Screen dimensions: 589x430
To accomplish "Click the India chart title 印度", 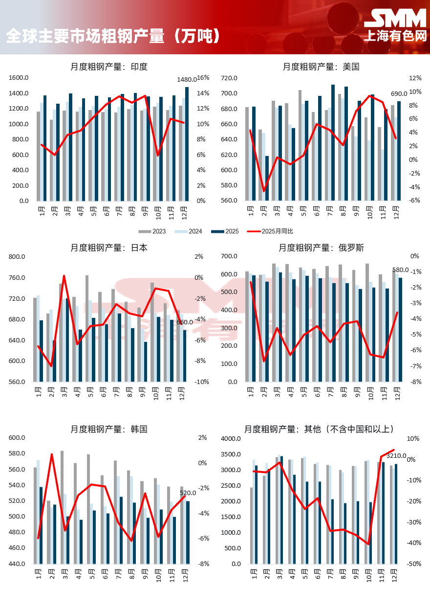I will click(139, 67).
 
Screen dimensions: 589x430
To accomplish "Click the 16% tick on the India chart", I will click(203, 78).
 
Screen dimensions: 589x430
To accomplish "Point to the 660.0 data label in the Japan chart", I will click(185, 322).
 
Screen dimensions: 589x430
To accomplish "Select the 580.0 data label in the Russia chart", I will click(401, 270).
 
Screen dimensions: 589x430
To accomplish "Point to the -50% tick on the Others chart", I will click(415, 564).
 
